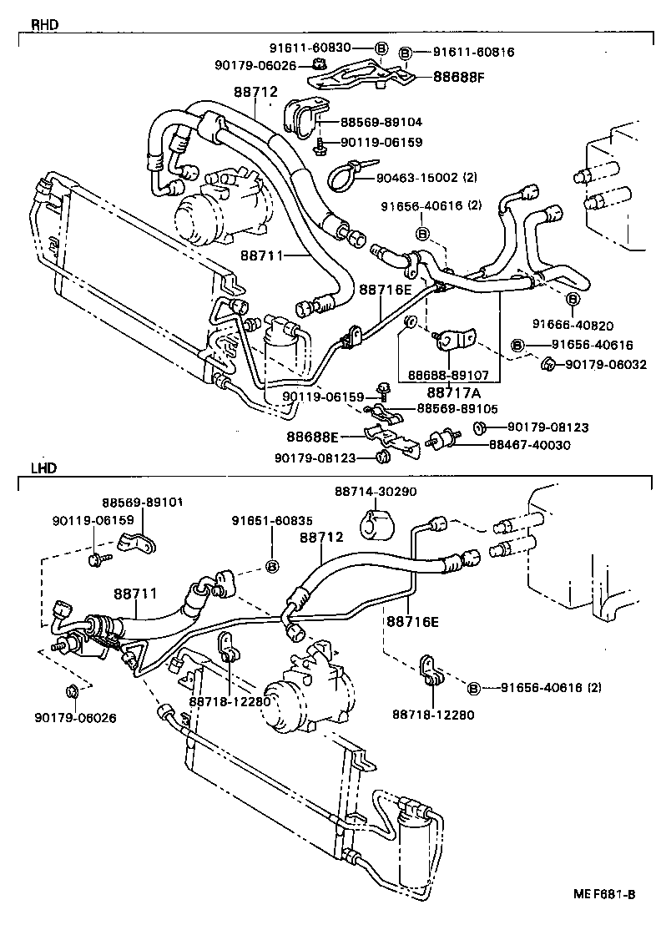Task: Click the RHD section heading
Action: click(x=44, y=24)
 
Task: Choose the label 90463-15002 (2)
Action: click(x=426, y=176)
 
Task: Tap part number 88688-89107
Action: click(x=450, y=376)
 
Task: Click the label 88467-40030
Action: click(x=530, y=445)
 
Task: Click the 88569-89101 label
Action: click(x=143, y=503)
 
